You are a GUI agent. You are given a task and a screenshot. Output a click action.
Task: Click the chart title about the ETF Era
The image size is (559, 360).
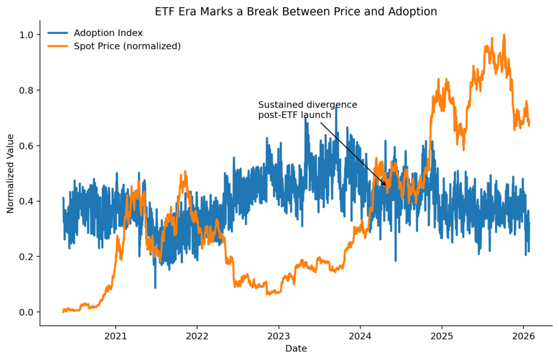(296, 11)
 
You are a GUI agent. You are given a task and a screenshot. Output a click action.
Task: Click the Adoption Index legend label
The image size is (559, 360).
(108, 33)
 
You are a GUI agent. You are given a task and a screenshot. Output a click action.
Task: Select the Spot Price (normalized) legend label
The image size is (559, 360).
(127, 46)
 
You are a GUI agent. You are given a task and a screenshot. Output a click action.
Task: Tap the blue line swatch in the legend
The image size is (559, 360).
(58, 33)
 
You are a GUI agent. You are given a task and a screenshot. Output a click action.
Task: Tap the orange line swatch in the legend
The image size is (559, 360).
(58, 46)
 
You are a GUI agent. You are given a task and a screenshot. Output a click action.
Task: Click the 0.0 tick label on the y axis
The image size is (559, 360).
(27, 312)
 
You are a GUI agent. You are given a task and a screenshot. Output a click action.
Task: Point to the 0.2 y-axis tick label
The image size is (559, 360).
(27, 256)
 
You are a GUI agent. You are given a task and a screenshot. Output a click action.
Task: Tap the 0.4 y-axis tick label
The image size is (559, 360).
(27, 201)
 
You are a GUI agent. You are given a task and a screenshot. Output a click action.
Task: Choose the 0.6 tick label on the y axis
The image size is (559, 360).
(27, 146)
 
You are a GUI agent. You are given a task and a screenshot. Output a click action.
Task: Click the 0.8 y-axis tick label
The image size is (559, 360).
(27, 90)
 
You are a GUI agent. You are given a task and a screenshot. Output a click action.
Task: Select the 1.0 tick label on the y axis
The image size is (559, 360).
(27, 35)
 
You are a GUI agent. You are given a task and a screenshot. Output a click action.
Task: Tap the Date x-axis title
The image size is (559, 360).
(296, 348)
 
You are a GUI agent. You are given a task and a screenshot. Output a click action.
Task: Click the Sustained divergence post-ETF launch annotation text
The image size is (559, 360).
(307, 110)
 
